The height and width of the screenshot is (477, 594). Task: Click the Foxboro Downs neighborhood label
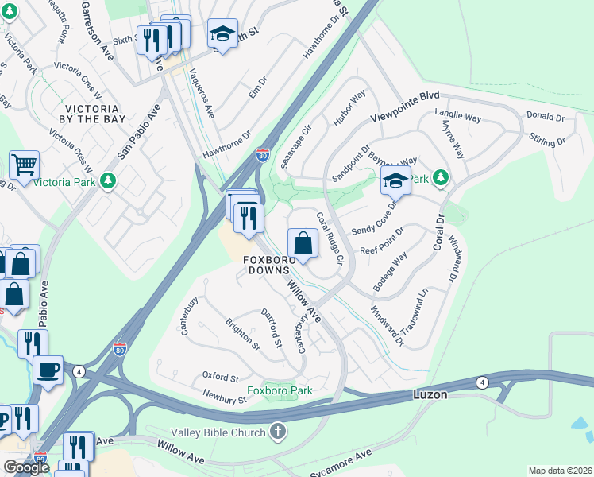point(269,265)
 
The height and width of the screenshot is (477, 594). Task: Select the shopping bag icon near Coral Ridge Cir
point(304,243)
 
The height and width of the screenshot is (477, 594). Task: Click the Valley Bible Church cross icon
point(277,432)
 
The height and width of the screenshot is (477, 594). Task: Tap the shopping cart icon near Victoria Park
point(24,165)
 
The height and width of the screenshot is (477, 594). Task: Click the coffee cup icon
point(48,370)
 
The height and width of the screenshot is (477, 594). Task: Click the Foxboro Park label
point(279,390)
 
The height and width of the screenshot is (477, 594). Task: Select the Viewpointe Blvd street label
point(405,107)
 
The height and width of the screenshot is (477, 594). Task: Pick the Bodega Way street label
point(394,270)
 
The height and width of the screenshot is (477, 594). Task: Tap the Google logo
point(26,467)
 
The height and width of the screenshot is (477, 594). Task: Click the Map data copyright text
point(560,471)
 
